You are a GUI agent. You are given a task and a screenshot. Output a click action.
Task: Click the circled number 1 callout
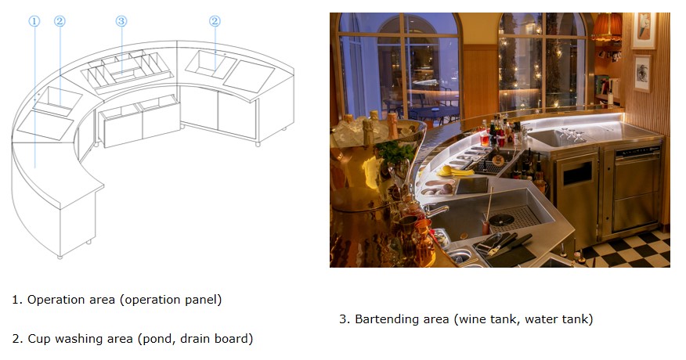pyautogui.click(x=34, y=21)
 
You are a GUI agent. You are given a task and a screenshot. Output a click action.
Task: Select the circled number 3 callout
pyautogui.click(x=121, y=21)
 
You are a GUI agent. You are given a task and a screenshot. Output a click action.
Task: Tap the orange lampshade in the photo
pyautogui.click(x=606, y=27)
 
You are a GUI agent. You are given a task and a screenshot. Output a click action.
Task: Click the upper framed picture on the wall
pyautogui.click(x=643, y=30)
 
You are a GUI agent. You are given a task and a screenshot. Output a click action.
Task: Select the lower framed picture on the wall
pyautogui.click(x=642, y=73)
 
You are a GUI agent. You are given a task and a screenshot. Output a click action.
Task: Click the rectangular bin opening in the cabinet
pyautogui.click(x=577, y=173)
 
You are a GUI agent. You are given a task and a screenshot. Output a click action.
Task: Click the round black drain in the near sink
pyautogui.click(x=501, y=220)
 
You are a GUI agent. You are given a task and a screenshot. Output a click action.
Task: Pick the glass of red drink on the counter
pyautogui.click(x=484, y=139)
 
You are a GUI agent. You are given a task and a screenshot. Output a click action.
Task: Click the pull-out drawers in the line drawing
pyautogui.click(x=139, y=121)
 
